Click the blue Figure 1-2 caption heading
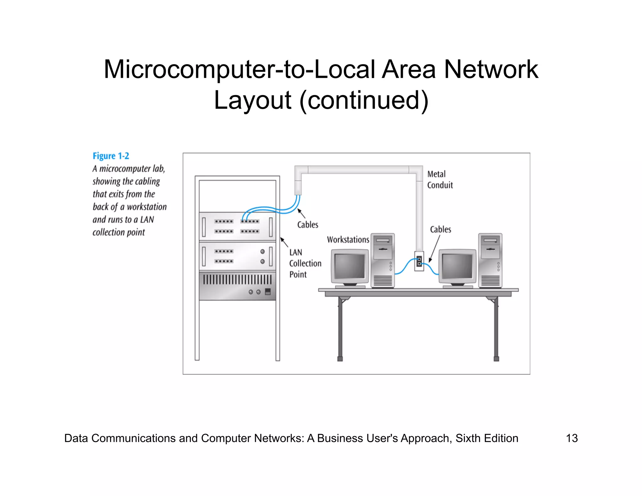coord(111,156)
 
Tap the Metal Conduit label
coord(439,180)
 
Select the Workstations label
coord(348,240)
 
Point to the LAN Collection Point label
coord(305,263)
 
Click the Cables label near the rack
coord(308,225)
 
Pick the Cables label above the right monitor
coord(440,230)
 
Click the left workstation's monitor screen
coord(350,266)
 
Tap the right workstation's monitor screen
coord(457,266)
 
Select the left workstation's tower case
coord(382,260)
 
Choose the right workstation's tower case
coord(490,260)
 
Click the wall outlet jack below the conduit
coord(419,261)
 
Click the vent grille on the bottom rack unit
coord(237,279)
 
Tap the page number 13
coord(572,438)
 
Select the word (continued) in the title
coord(364,100)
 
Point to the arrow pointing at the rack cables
coord(301,214)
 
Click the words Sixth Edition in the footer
coord(487,438)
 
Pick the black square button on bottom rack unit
coord(268,292)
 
